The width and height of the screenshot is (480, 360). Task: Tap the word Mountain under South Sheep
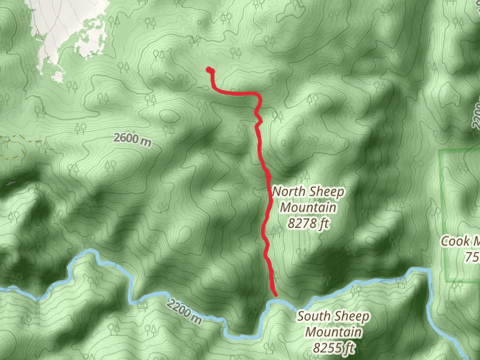click(x=334, y=332)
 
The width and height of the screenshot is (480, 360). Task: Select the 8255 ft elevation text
click(x=334, y=347)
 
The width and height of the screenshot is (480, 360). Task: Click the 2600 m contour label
click(x=133, y=139)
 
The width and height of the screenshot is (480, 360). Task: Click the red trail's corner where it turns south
click(x=259, y=95)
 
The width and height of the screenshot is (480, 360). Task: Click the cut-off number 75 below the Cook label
click(x=472, y=257)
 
